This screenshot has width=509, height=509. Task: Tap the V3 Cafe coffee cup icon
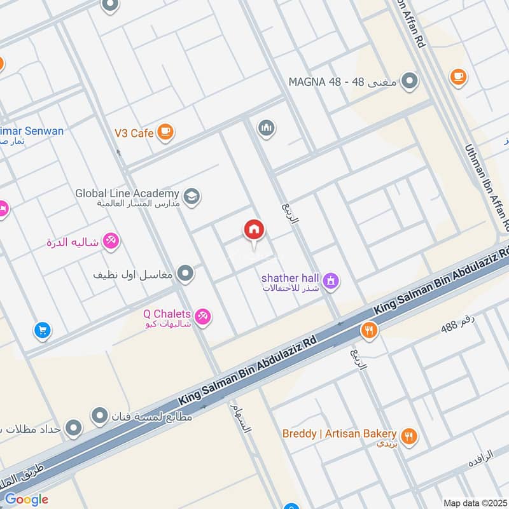point(165,132)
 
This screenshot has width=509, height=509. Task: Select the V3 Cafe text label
point(134,133)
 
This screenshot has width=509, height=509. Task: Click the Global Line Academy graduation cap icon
point(192,197)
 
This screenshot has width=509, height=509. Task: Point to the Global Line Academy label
point(127,197)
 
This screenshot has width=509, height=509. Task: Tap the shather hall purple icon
point(330,280)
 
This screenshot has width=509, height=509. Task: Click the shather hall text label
point(289,282)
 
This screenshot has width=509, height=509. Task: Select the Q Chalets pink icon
point(202,316)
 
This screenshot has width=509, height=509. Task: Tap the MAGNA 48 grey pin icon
point(411,81)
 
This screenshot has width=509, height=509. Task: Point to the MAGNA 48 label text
point(343,82)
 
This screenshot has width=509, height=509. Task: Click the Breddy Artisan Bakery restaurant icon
point(410,436)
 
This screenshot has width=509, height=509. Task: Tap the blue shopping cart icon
point(42,330)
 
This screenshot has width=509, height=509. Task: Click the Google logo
point(26,499)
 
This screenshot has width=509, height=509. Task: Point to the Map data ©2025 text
point(474,503)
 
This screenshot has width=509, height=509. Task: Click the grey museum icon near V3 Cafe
point(267,129)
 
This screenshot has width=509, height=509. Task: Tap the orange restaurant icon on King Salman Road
point(368,330)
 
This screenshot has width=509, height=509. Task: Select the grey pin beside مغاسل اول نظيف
point(186,274)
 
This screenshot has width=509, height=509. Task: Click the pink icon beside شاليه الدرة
point(111,242)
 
